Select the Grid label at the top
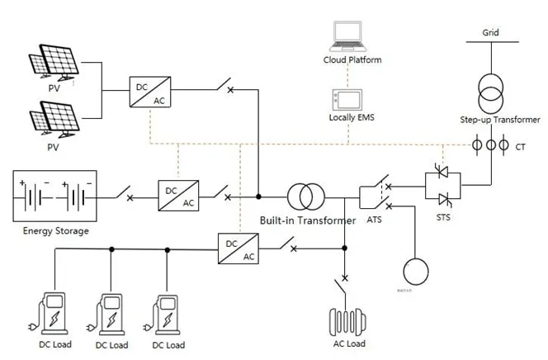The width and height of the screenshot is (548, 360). point(490,34)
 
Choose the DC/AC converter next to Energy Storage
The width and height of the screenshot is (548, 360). point(177,197)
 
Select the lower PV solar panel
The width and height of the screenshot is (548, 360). point(54,117)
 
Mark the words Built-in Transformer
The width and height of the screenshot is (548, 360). point(307,220)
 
